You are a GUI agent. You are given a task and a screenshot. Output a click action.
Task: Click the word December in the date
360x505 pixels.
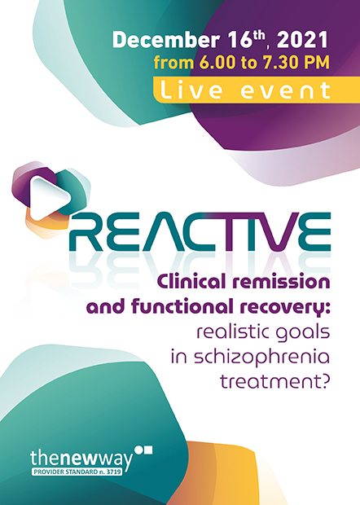[x=166, y=40]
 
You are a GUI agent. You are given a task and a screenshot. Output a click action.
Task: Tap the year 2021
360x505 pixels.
[x=302, y=40]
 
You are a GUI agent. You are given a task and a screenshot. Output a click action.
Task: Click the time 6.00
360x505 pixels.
[x=217, y=62]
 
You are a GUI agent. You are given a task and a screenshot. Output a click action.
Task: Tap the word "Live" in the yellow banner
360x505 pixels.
[x=191, y=90]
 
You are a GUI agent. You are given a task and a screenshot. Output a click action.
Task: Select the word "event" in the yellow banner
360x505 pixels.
[x=286, y=90]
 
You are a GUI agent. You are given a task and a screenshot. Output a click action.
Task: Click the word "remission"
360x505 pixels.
[x=282, y=283]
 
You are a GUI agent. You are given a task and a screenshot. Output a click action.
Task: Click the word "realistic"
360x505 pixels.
[x=230, y=332]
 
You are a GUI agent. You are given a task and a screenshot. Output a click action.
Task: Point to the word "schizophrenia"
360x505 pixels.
[x=261, y=358]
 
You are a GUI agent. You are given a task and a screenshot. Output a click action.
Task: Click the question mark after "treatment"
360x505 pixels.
[x=325, y=381]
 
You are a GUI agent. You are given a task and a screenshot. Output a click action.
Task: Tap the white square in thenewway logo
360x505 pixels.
[x=148, y=450]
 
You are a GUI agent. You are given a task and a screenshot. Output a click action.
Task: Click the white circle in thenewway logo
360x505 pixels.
[x=138, y=450]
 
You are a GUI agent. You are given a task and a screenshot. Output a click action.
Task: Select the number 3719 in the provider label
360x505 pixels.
[x=114, y=472]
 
